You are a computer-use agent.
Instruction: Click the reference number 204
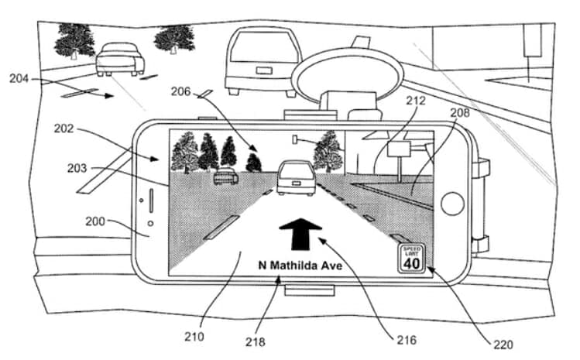19,78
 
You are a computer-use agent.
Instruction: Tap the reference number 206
180,91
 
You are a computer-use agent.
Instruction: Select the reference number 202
63,129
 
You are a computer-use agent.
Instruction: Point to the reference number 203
77,168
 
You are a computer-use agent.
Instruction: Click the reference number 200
95,221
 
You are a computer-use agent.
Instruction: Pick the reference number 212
416,101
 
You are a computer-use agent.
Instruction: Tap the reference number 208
460,112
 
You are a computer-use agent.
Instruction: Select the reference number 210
194,336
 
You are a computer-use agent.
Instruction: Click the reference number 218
256,341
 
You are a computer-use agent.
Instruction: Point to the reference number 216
407,340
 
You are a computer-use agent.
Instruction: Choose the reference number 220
503,345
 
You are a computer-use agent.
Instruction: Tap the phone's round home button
453,204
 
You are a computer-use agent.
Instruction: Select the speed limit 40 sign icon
412,259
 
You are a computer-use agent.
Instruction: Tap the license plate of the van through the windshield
264,70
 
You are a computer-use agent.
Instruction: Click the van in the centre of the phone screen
297,178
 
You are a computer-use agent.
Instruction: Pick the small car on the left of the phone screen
225,176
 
